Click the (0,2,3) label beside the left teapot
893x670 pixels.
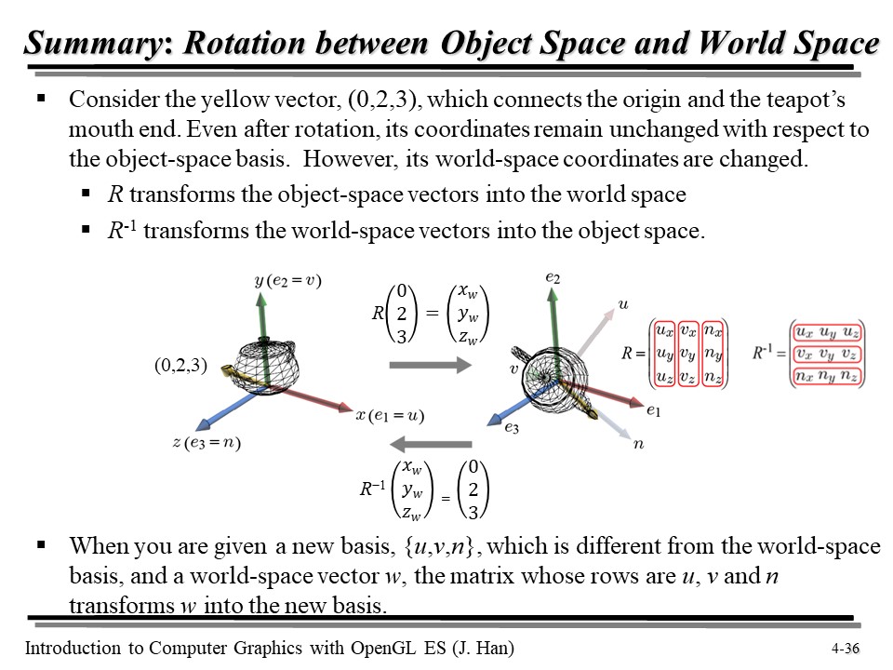point(180,366)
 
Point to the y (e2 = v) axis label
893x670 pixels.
point(287,280)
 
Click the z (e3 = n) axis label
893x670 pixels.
point(207,442)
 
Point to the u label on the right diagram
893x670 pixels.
point(622,303)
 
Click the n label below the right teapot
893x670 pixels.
point(638,445)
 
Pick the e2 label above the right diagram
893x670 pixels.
point(553,277)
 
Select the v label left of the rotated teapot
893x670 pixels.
point(513,368)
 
